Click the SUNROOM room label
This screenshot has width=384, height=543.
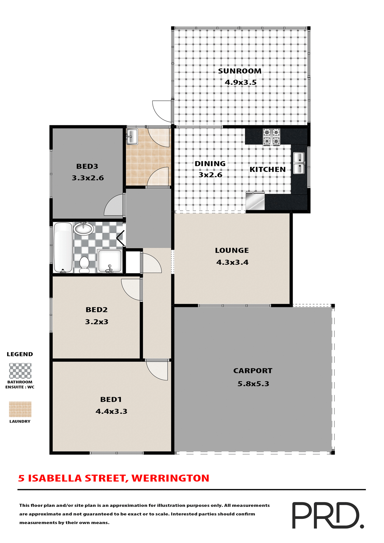pyautogui.click(x=240, y=71)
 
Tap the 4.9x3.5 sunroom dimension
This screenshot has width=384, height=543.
pyautogui.click(x=241, y=82)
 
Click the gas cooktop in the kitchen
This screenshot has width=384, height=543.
pyautogui.click(x=271, y=137)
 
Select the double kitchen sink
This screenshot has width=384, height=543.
pyautogui.click(x=299, y=163)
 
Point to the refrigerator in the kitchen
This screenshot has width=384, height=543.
pyautogui.click(x=255, y=201)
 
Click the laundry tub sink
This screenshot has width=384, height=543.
pyautogui.click(x=132, y=137)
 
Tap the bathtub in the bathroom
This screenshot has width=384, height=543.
pyautogui.click(x=63, y=247)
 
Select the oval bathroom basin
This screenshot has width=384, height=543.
pyautogui.click(x=83, y=228)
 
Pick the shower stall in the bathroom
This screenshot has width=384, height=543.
pyautogui.click(x=110, y=261)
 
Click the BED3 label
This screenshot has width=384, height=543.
pyautogui.click(x=87, y=166)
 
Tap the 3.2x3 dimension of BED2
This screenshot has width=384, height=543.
pyautogui.click(x=97, y=322)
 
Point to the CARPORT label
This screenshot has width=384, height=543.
pyautogui.click(x=253, y=370)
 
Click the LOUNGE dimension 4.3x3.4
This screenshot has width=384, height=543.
pyautogui.click(x=232, y=262)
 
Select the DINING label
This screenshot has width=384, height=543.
pyautogui.click(x=210, y=163)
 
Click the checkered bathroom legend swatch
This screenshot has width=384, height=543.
pyautogui.click(x=20, y=370)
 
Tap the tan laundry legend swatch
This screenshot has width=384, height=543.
pyautogui.click(x=20, y=409)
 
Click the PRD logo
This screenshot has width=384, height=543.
pyautogui.click(x=328, y=515)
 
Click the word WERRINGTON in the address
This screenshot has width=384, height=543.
pyautogui.click(x=170, y=478)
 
